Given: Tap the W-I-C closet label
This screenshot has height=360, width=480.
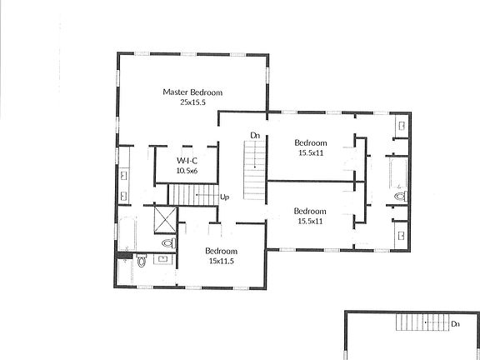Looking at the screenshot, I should [x=186, y=160].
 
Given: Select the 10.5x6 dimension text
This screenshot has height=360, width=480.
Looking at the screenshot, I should [x=186, y=171].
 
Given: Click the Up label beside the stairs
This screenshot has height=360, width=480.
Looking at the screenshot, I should [x=224, y=197].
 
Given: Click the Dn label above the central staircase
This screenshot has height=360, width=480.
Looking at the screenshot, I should [x=255, y=134].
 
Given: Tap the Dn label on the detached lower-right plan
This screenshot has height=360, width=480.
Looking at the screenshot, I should [x=455, y=323].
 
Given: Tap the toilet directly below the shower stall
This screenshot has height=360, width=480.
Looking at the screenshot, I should [x=168, y=243].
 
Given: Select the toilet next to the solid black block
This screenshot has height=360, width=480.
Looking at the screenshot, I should [x=141, y=261].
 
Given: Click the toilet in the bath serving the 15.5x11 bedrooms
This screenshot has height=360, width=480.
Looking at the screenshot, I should [x=400, y=197].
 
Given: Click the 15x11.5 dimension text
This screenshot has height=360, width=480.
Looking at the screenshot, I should [x=222, y=261].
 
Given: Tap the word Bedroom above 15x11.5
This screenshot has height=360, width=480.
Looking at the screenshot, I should [x=222, y=251].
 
